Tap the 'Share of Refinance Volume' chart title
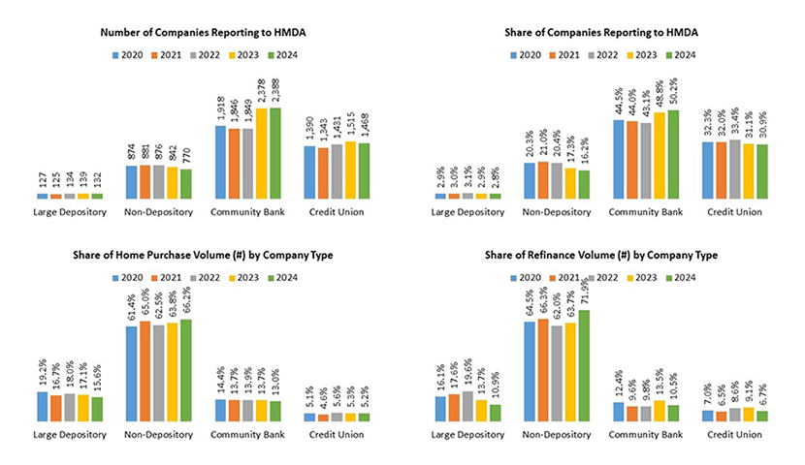coord(602,256)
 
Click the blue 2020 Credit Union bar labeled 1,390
coord(322,171)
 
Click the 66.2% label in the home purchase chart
coord(186,304)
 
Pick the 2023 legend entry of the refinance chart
coord(646,278)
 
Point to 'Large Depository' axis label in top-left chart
coord(69,210)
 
